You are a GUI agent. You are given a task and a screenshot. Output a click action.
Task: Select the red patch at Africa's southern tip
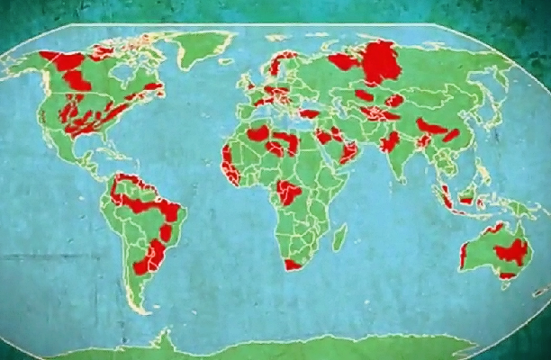coord(293,265)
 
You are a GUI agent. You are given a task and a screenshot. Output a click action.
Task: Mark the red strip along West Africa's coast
coord(230,167)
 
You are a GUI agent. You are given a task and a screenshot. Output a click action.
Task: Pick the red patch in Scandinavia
coord(286,66)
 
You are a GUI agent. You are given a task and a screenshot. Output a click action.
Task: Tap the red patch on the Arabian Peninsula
coord(348,153)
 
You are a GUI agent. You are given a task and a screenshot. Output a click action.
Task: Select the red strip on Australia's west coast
coord(464,256)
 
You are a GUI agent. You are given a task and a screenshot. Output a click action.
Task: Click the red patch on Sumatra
coord(445,196)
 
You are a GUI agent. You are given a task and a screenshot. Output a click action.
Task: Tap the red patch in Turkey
coord(309,114)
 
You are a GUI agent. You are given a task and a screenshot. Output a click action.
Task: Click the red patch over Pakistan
coord(391,141)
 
